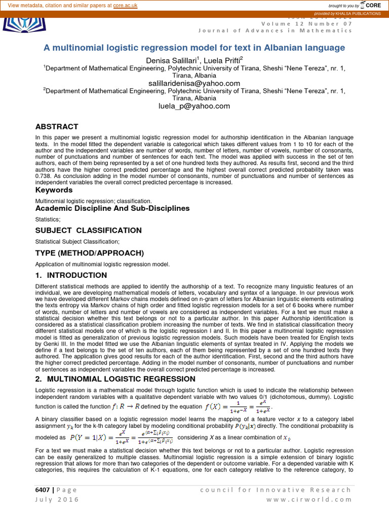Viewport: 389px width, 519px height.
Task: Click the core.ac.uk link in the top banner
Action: click(127, 5)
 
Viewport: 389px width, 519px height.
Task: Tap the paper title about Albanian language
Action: click(194, 48)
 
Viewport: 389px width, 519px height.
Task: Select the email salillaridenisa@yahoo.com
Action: click(194, 83)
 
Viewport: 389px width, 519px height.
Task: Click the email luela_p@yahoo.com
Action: click(194, 106)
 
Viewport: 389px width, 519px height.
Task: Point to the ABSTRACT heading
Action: click(57, 127)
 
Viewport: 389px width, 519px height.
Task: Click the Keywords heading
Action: click(54, 190)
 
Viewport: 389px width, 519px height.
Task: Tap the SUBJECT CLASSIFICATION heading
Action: click(88, 230)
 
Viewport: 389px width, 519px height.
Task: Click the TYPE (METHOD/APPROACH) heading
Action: click(90, 252)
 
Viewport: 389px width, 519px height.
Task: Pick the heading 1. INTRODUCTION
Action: click(71, 275)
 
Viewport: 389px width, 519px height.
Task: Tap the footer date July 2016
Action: click(57, 499)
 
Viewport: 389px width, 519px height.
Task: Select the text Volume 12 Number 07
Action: click(306, 23)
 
